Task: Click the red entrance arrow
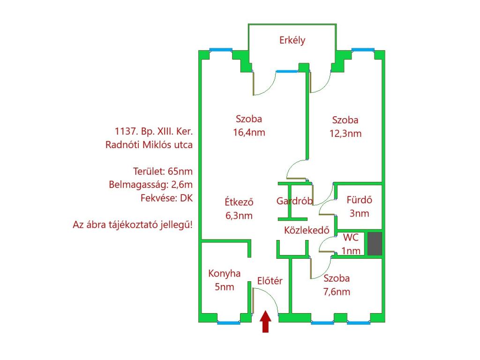(x=265, y=322)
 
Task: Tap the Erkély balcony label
(x=292, y=40)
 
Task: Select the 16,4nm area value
(x=249, y=133)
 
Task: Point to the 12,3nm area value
(x=345, y=134)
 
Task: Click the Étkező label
(x=239, y=202)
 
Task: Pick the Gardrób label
(x=294, y=201)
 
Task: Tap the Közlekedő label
(x=307, y=230)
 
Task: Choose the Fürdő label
(x=360, y=200)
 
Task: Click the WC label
(x=351, y=238)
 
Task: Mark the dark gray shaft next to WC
(x=375, y=244)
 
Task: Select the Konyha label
(x=225, y=273)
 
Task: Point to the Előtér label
(x=270, y=281)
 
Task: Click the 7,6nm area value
(x=337, y=292)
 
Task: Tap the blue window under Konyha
(x=229, y=322)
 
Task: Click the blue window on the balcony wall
(x=286, y=72)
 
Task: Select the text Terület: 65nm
(x=163, y=172)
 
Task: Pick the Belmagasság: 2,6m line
(x=151, y=185)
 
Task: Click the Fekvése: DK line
(x=167, y=198)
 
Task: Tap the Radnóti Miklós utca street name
(x=149, y=144)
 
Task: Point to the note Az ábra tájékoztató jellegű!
(x=133, y=225)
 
